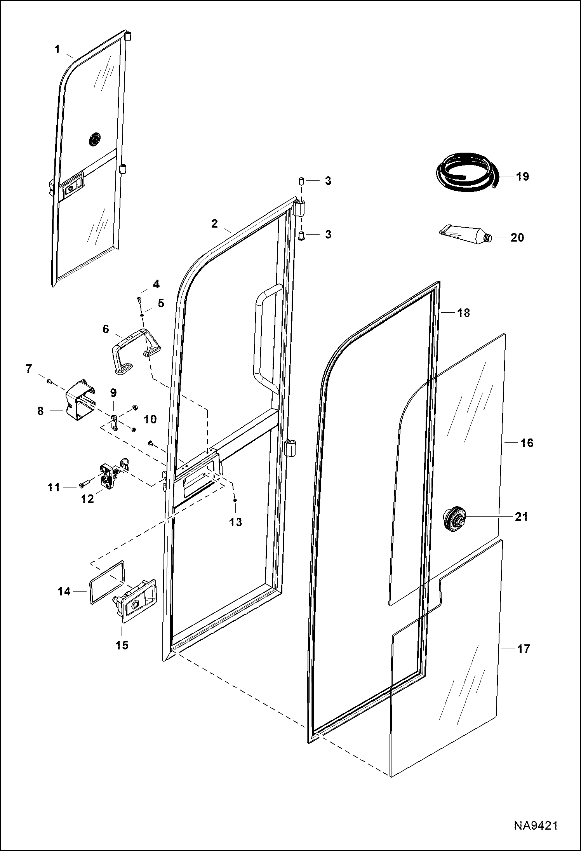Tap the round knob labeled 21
pos(454,517)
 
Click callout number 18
pos(463,312)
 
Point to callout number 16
pos(527,442)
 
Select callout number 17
pos(524,648)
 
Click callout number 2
pos(215,223)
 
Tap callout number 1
pos(57,49)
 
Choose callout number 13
pos(236,522)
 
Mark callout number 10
pos(150,419)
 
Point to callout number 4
pos(156,284)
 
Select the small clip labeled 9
pos(114,421)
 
